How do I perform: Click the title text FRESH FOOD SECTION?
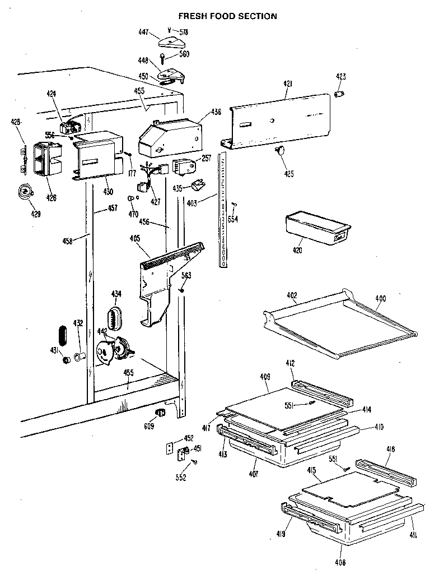227,16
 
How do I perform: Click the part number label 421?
288,84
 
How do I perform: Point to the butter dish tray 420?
316,227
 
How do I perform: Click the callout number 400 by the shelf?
380,299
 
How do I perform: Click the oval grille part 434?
114,318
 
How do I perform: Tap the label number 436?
217,112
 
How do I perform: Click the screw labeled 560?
162,57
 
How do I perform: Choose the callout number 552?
180,478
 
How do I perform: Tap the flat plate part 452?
171,448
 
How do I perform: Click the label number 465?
134,238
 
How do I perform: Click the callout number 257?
207,159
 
